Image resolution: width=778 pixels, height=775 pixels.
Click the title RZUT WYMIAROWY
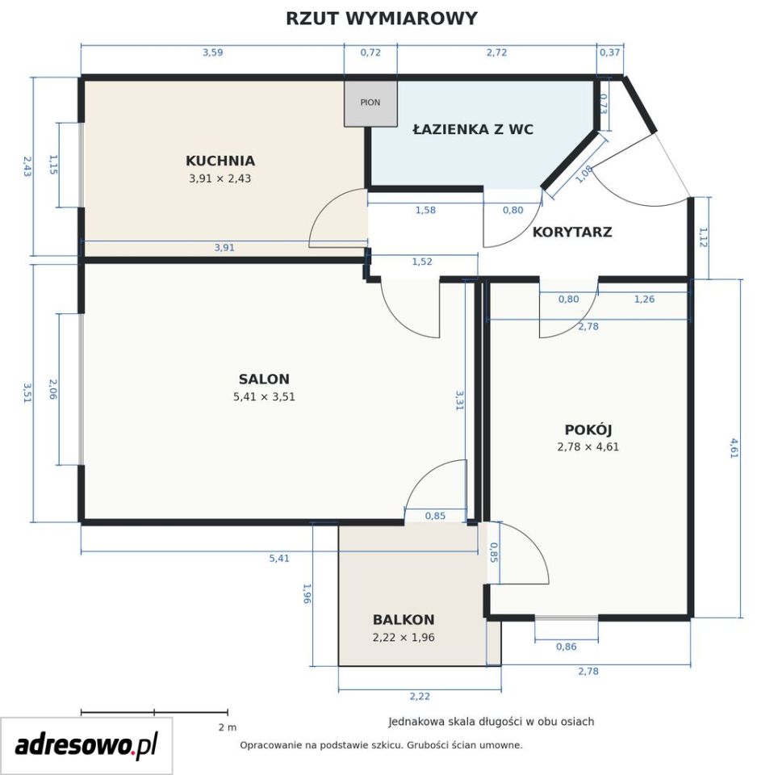[381, 19]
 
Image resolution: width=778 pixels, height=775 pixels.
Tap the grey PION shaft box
[370, 103]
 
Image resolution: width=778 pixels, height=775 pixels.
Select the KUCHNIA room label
[220, 161]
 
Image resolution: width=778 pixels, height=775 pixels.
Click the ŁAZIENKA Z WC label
[473, 130]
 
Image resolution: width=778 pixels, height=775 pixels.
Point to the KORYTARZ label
[572, 232]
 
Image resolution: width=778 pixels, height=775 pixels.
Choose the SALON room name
[264, 379]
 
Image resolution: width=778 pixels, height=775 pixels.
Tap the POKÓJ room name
[588, 429]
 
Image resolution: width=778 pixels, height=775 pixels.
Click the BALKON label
[404, 620]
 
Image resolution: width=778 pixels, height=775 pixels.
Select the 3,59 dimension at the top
[212, 52]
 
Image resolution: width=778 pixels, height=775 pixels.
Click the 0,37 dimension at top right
[610, 52]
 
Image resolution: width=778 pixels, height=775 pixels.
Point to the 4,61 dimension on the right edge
[734, 448]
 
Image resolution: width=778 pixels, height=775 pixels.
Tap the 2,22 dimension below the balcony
[420, 696]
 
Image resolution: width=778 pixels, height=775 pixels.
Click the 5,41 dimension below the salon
[279, 558]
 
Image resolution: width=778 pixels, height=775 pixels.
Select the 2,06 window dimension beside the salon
[53, 389]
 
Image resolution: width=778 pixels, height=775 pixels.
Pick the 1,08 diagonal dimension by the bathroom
[584, 174]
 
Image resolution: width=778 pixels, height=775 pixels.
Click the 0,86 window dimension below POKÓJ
[567, 647]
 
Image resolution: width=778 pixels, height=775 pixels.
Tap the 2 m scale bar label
[228, 728]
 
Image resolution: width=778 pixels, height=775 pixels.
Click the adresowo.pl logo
[86, 745]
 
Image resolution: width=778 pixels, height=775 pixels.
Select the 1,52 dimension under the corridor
[422, 262]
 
